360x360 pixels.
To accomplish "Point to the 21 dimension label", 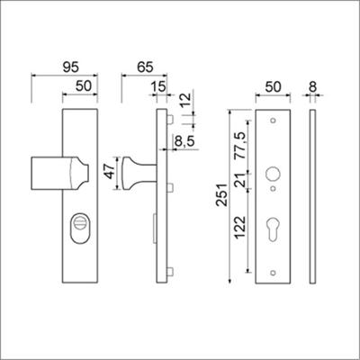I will (240, 184).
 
